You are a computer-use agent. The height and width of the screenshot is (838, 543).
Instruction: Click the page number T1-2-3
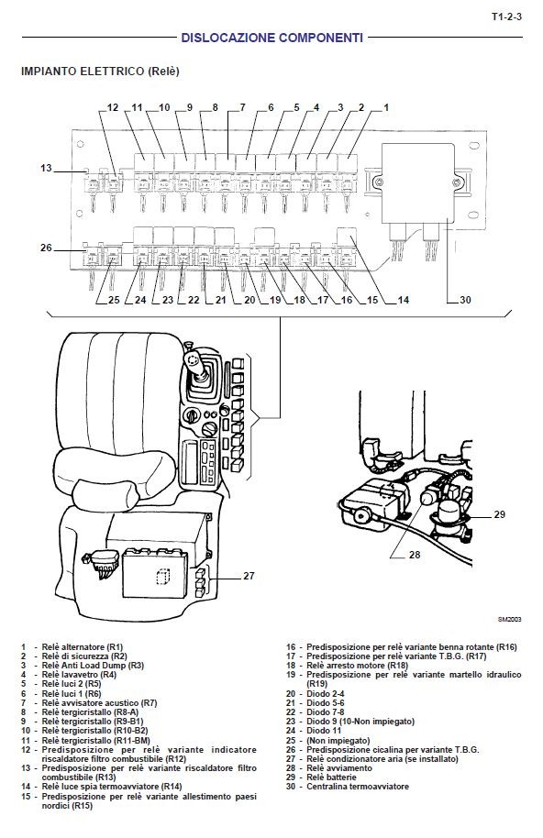click(506, 17)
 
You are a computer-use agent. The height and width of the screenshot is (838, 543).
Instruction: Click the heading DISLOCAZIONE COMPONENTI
click(272, 38)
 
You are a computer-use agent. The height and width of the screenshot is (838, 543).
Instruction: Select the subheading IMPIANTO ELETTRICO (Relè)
click(100, 72)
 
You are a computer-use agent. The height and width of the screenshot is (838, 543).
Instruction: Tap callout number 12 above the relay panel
click(113, 107)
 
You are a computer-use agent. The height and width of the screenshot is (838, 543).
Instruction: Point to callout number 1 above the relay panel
click(386, 107)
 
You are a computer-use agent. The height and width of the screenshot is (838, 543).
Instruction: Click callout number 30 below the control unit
click(466, 300)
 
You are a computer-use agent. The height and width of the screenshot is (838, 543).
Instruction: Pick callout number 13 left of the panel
click(46, 168)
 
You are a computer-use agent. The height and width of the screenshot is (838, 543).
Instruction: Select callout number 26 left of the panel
click(46, 248)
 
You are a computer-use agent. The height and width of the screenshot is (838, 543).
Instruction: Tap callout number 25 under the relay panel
click(114, 300)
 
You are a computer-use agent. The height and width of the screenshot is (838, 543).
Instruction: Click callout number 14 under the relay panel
click(404, 300)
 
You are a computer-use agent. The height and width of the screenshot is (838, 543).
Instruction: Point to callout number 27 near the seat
click(249, 576)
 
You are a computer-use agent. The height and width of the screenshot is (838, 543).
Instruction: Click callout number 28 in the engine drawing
click(415, 555)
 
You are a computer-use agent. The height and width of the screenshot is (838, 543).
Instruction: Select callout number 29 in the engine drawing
click(499, 514)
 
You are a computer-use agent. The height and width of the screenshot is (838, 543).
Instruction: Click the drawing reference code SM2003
click(509, 620)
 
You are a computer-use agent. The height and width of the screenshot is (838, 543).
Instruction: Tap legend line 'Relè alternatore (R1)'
click(83, 647)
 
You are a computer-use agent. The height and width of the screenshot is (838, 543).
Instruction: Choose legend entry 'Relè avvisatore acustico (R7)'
click(99, 703)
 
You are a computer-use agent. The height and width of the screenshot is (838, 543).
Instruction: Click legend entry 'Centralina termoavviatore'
click(358, 786)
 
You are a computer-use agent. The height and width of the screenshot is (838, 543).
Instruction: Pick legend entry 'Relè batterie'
click(331, 777)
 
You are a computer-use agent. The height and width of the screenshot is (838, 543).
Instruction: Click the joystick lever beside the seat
click(198, 369)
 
